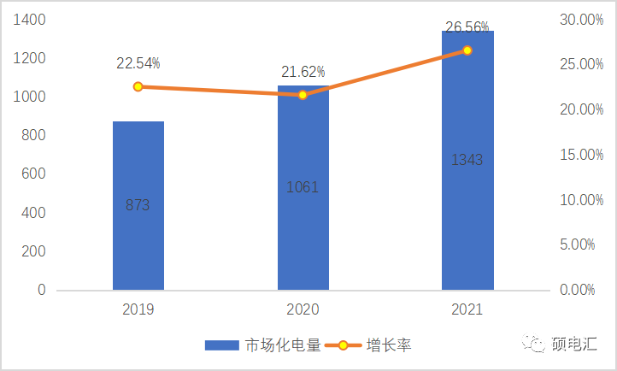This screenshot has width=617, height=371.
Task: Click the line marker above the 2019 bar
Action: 138,86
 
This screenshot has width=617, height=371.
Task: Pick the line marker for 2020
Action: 303,95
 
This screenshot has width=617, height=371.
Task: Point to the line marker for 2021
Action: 467,50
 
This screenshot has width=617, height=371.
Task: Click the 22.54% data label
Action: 138,63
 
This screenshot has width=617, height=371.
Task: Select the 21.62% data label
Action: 303,73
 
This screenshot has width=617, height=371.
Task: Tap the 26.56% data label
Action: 467,27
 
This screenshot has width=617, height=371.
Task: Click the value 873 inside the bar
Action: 138,205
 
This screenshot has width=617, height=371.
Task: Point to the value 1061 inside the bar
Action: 303,187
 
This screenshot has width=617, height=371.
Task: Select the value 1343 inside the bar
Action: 467,160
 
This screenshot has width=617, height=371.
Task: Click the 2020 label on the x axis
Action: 303,309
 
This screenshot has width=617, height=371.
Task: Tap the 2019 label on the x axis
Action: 138,309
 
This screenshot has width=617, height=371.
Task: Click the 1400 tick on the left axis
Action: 30,20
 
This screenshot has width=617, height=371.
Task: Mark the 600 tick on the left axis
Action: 35,174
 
